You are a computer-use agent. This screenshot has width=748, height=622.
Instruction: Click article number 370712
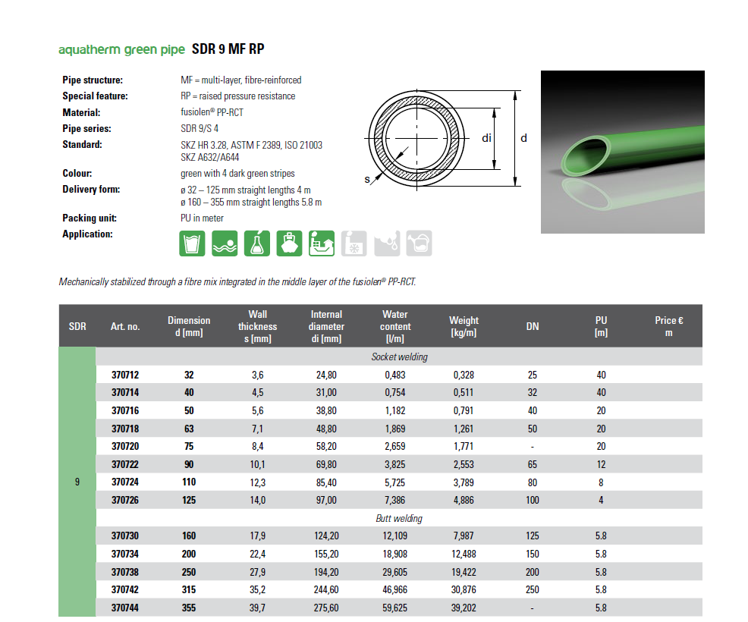click(125, 375)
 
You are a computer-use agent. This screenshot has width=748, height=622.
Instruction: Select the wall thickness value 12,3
click(258, 482)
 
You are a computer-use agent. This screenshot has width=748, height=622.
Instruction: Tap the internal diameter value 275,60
click(326, 608)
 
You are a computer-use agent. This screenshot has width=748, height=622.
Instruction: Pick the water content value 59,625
click(394, 608)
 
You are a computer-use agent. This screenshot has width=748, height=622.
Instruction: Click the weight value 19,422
click(464, 572)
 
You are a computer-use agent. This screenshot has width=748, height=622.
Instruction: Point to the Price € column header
click(668, 326)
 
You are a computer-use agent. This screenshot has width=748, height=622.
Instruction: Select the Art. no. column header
click(125, 327)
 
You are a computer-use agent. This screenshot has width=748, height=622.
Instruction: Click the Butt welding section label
click(399, 519)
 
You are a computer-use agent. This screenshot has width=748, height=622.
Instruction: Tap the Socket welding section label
click(399, 357)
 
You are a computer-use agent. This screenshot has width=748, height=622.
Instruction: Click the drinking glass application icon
click(191, 243)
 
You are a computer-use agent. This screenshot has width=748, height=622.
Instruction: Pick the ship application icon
click(289, 243)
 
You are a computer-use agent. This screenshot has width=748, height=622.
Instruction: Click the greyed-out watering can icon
click(419, 243)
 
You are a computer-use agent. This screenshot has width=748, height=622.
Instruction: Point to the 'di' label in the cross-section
click(487, 138)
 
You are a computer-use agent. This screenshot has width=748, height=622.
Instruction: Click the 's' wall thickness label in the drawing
click(366, 180)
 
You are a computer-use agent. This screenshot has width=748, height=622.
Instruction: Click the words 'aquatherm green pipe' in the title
click(121, 50)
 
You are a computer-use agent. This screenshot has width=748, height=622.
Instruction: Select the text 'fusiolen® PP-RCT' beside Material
click(206, 112)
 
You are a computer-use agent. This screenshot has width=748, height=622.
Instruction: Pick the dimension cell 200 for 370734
click(189, 554)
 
